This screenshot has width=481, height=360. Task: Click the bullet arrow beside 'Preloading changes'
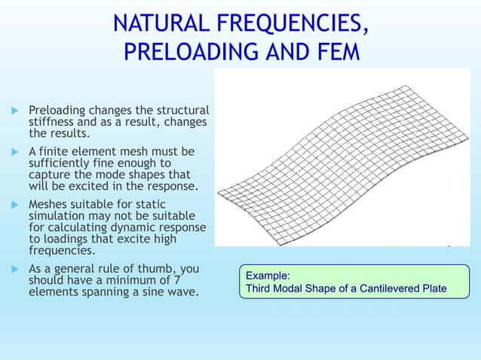(13, 111)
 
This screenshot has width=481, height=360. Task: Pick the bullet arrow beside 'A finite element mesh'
(13, 152)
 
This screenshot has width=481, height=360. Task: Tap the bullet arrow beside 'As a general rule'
(13, 268)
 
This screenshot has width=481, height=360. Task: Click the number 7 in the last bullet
(194, 281)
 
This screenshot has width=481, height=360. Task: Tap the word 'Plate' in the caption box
(432, 289)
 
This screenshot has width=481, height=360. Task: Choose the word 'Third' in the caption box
(259, 289)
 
